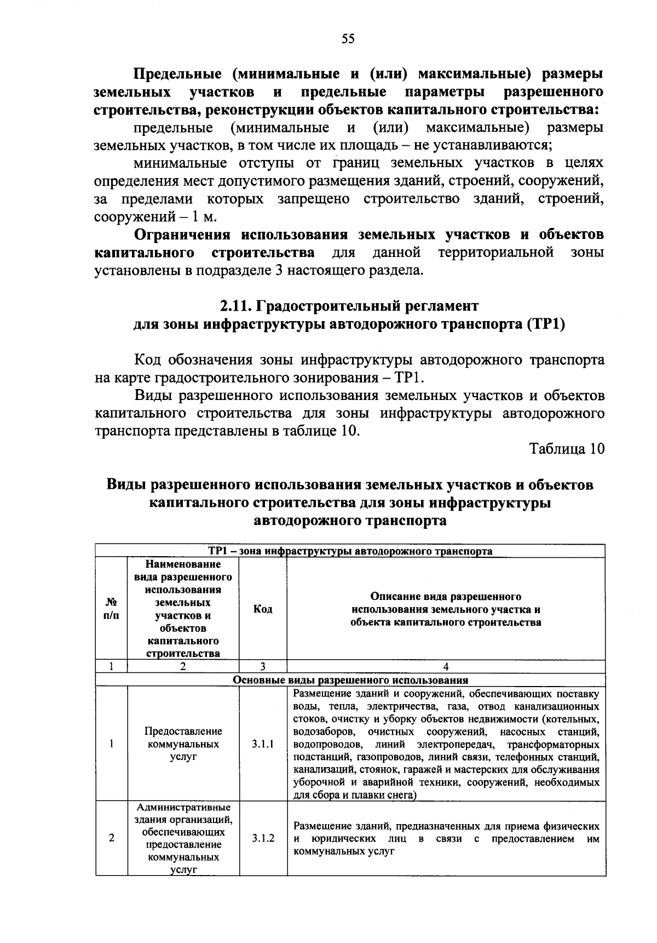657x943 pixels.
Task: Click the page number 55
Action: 348,38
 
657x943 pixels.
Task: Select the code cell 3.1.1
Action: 263,744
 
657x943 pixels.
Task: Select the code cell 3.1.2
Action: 263,838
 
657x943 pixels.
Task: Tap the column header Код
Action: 263,609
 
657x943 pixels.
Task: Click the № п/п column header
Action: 111,609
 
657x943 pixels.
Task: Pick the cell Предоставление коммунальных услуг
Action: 183,744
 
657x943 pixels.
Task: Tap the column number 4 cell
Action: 446,667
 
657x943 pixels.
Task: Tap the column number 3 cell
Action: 263,667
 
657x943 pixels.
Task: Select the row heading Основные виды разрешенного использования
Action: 350,680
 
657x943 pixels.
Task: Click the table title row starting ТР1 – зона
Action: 350,551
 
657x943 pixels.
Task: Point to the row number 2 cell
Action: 111,838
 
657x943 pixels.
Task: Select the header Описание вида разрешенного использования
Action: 446,609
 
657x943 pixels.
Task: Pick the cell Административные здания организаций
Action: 183,838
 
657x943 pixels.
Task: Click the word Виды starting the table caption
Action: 126,485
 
